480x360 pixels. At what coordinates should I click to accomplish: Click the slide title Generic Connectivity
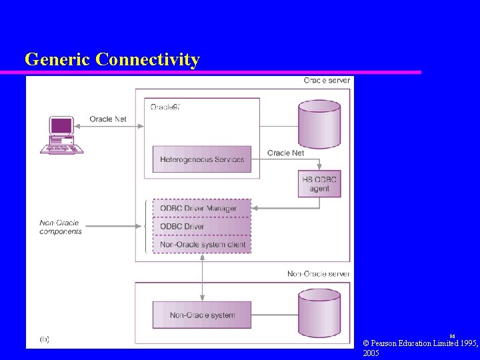[112, 59]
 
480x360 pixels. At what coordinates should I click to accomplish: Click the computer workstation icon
[61, 135]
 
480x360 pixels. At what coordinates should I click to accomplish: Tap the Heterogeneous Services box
[202, 159]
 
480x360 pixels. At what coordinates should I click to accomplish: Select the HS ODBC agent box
[319, 183]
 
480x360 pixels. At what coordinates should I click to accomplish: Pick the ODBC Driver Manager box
[202, 208]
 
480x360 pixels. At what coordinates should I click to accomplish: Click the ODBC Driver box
[202, 227]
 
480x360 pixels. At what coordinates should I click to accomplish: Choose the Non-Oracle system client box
[202, 245]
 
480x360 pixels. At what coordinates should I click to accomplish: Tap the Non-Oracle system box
[202, 315]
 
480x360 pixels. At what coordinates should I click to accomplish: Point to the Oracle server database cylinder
[319, 123]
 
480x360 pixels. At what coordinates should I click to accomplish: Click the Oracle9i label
[165, 107]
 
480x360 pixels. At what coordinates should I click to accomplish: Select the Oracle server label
[327, 81]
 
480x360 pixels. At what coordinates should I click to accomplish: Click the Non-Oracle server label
[318, 274]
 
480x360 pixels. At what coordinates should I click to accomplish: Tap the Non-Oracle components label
[61, 227]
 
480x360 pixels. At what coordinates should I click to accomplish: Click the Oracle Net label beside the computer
[108, 119]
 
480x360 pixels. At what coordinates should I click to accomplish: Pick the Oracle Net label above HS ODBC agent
[285, 153]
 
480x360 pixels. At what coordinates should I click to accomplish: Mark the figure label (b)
[44, 339]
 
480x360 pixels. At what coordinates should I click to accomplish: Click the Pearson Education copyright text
[420, 347]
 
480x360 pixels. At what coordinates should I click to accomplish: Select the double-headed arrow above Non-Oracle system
[202, 277]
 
